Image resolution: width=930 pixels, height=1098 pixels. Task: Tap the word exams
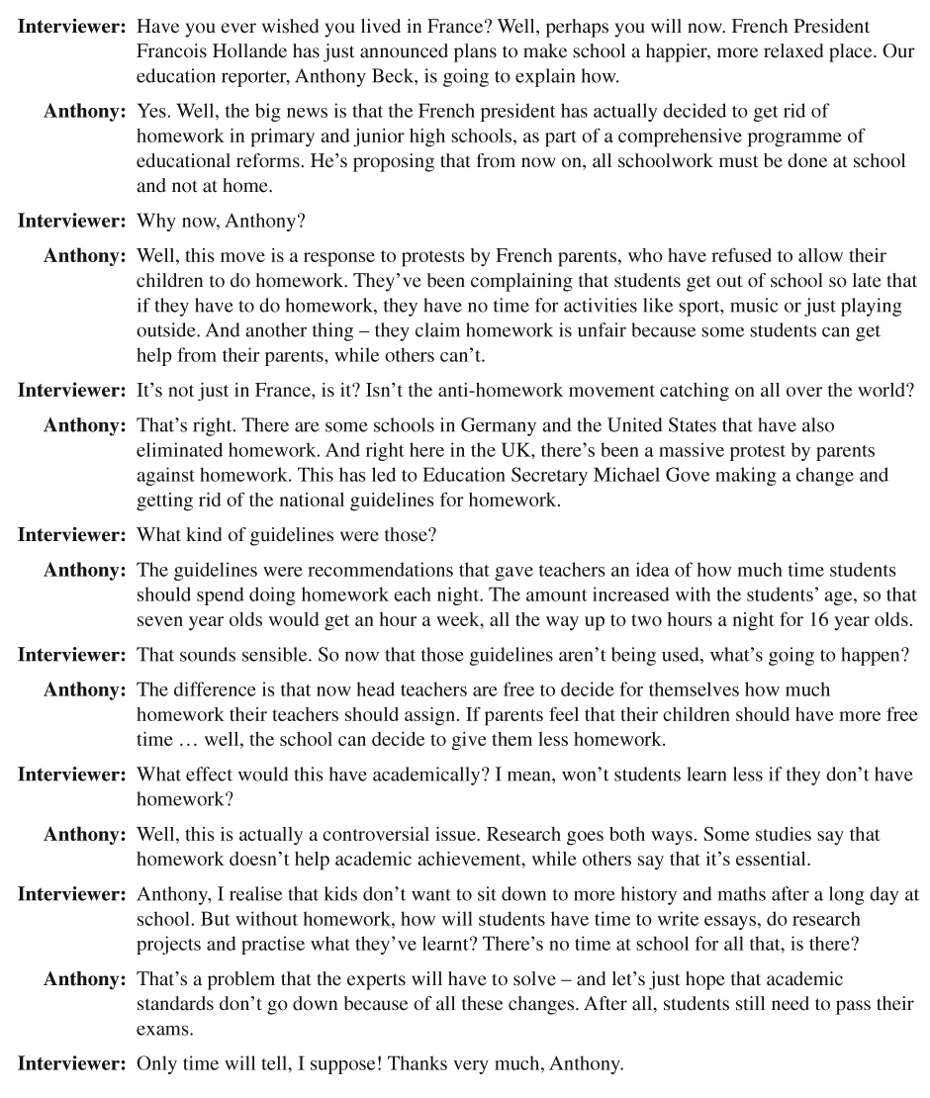pos(159,1029)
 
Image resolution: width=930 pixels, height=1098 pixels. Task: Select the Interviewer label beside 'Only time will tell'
pos(71,1064)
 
